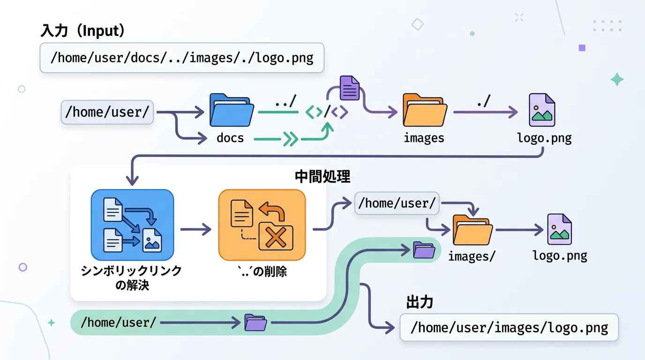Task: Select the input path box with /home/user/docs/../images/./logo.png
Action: [182, 58]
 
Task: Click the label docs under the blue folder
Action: [230, 138]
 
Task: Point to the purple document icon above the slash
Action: [349, 87]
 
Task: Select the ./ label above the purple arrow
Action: [483, 101]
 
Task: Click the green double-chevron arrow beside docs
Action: [291, 139]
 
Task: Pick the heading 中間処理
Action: [322, 177]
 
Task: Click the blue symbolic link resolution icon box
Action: [132, 225]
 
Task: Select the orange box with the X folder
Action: [262, 225]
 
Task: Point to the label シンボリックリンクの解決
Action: [132, 277]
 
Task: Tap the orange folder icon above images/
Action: [472, 231]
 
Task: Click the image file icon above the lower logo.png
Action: [560, 229]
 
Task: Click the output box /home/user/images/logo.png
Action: [509, 327]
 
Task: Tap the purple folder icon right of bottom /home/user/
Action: [256, 322]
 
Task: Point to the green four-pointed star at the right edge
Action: [617, 80]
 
